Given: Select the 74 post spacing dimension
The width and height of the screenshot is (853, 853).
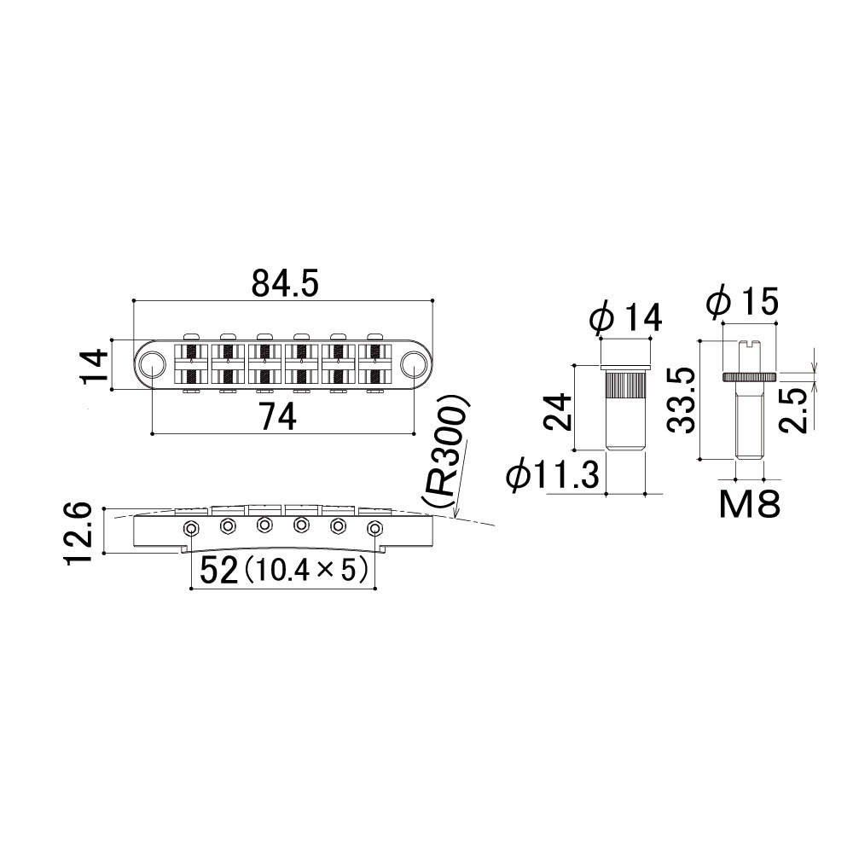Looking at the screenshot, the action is point(277,418).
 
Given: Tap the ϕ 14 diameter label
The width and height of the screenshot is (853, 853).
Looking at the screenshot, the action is point(625,316).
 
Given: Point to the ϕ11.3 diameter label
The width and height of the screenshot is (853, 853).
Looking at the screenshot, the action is point(552,474).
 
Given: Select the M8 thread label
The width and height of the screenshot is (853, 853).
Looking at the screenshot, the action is point(750,504).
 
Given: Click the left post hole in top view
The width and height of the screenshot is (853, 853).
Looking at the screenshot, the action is point(153,363).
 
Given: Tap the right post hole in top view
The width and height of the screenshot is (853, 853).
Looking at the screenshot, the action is point(414,363).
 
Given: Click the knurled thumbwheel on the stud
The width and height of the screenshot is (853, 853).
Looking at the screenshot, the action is point(750,377).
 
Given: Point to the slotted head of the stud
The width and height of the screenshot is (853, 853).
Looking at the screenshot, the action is point(750,344).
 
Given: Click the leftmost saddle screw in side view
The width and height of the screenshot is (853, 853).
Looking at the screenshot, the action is point(191,528).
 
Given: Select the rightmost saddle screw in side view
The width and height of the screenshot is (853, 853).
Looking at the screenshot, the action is point(374,528).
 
